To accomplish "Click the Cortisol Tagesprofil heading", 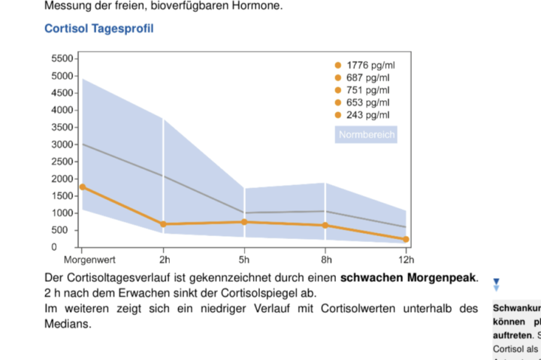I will coord(98,29).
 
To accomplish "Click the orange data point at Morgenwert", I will coord(82,186).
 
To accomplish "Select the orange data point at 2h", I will coord(164,224).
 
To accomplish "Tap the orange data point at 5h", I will coord(245,222).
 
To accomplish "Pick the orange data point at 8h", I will coord(325,225).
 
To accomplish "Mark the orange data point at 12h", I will coord(406,239).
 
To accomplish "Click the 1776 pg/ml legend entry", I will coord(365,65).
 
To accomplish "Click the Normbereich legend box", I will coord(365,135).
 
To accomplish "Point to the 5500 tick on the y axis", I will coord(62,59).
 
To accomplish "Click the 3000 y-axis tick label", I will coord(62,144).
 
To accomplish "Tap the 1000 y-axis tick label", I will coord(62,213).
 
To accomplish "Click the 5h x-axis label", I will coord(245,260).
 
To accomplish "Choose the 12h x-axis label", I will coord(406,260).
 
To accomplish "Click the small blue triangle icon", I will coord(496,285).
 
